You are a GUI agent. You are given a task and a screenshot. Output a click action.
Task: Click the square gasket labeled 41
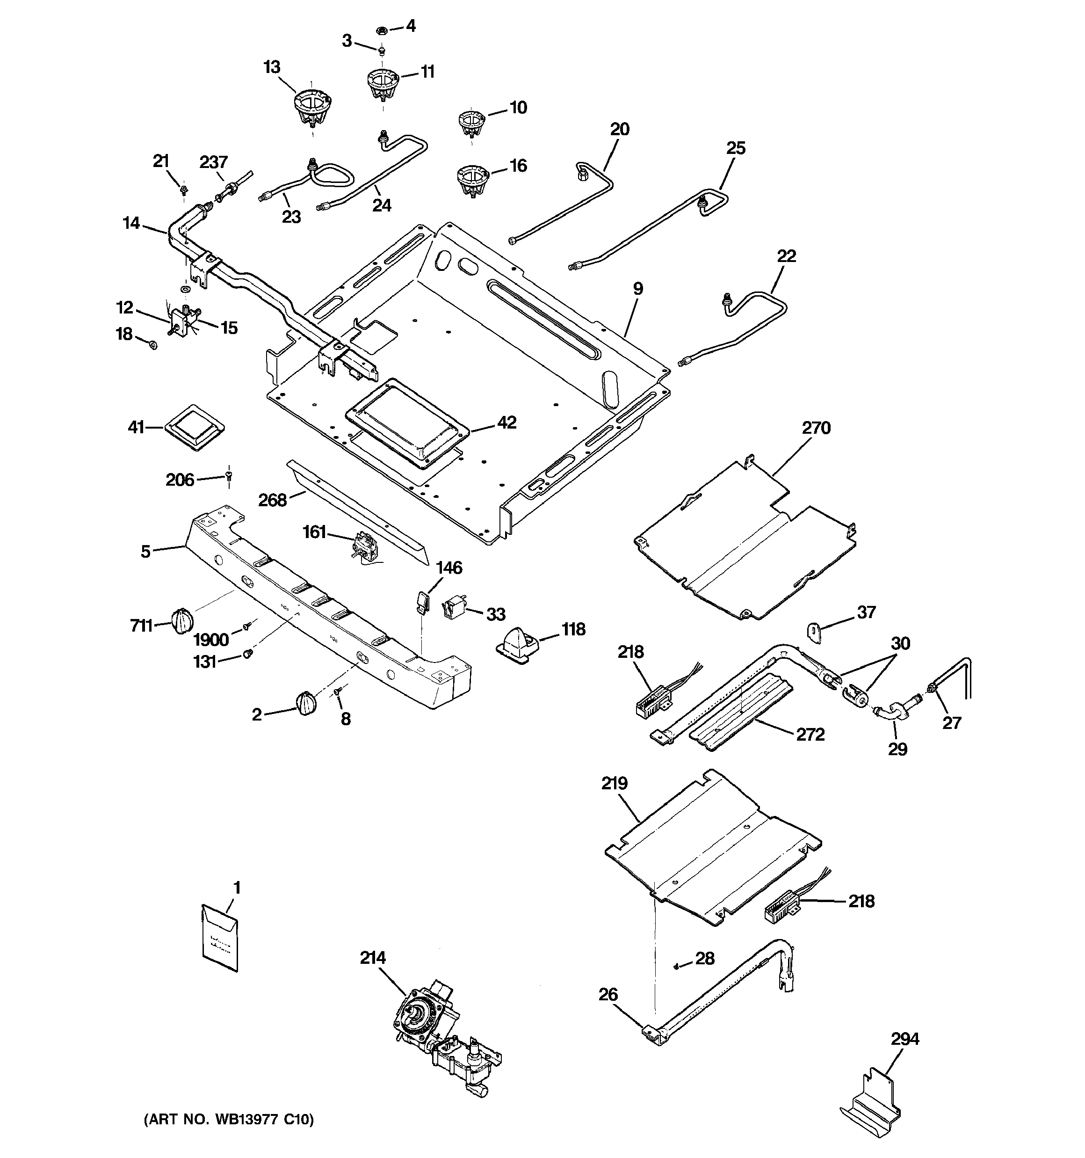coord(195,428)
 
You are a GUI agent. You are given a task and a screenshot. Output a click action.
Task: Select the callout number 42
coord(506,422)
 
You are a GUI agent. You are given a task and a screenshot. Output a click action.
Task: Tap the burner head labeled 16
coord(472,180)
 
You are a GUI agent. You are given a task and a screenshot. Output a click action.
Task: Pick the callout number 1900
coord(211,640)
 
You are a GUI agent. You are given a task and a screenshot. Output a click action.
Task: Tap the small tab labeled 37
coord(814,632)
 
